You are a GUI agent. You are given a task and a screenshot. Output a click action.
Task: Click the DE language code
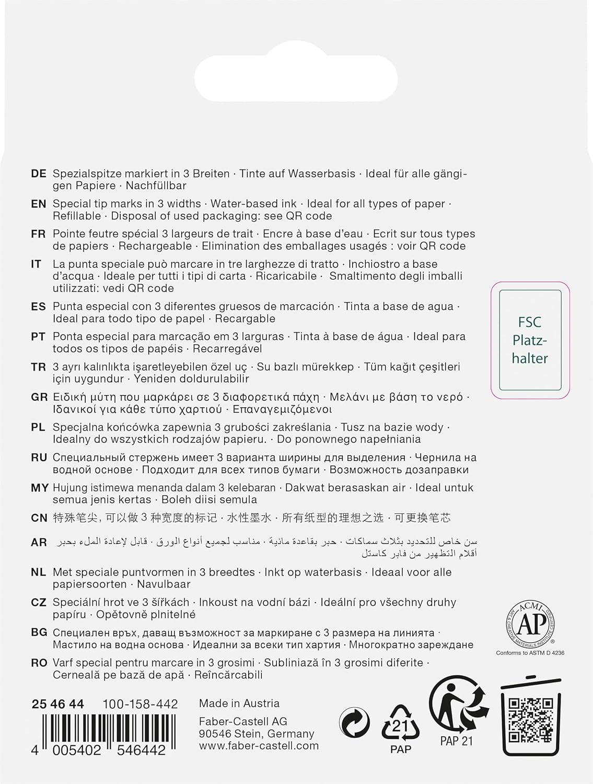[x=39, y=174]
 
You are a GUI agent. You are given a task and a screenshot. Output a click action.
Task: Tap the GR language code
[x=39, y=398]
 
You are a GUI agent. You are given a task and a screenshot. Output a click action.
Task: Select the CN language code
[x=39, y=518]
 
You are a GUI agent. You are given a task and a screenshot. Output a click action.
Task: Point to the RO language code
[x=39, y=663]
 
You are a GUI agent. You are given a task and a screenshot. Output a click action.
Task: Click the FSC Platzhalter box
[x=530, y=340]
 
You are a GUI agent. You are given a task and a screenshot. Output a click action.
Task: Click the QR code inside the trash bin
[x=531, y=720]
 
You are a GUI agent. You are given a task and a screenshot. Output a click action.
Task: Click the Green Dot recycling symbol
[x=354, y=723]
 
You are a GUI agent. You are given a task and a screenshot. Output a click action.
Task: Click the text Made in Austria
[x=239, y=704]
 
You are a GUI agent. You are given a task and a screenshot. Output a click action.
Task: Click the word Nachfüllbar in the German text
[x=156, y=186]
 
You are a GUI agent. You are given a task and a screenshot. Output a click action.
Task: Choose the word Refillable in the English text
[x=77, y=216]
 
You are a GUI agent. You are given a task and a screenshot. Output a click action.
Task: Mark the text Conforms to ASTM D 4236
[x=530, y=653]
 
